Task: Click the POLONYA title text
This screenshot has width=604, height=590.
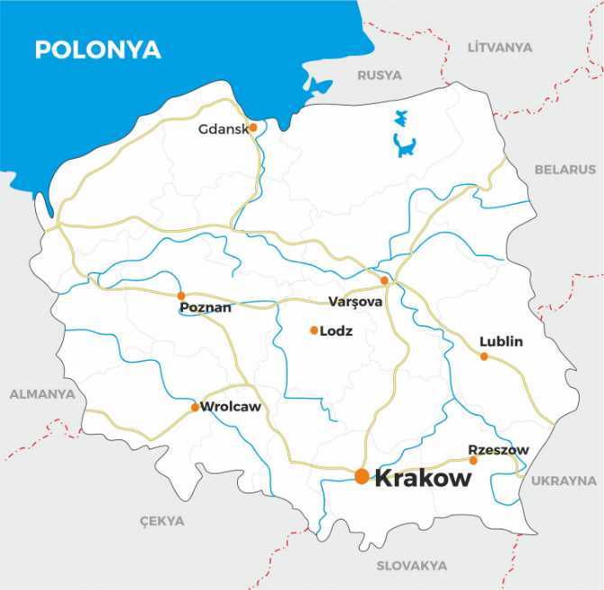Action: pos(97,50)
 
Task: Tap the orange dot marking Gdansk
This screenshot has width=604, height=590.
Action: pos(253,127)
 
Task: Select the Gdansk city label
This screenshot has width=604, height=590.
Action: pos(223,129)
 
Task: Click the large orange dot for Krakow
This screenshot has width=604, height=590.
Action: pos(361,476)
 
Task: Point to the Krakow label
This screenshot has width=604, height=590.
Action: pos(422,478)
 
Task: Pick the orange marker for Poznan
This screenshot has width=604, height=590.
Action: pos(181,295)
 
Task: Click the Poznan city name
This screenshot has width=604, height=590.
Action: pos(206,308)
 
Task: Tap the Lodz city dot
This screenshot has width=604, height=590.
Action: pos(314,330)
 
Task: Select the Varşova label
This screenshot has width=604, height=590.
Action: pos(355,301)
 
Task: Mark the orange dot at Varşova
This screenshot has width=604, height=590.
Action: pos(384,281)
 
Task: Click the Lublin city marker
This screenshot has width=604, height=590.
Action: pos(484,356)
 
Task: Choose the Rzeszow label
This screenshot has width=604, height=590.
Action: pos(499,449)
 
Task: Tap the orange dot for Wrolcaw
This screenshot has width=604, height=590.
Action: pos(195,408)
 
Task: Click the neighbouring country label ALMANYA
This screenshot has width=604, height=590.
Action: pos(42,394)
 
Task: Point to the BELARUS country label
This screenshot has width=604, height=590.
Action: pos(565,169)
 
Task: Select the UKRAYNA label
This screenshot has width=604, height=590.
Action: pos(563,481)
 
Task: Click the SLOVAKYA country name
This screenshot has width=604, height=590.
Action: pos(411,566)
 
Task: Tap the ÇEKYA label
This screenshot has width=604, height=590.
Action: pos(161,521)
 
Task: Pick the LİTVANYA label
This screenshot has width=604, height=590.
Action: pos(500,45)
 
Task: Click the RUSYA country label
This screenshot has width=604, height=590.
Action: pos(380,76)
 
